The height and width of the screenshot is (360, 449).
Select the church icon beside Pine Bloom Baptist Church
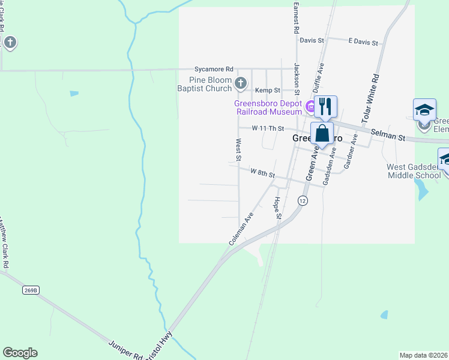(241, 83)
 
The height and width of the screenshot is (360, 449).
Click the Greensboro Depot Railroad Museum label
(268, 107)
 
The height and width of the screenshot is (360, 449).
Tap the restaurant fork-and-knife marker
(325, 106)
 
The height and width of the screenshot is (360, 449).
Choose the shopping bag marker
(322, 133)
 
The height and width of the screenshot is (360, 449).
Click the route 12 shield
(303, 202)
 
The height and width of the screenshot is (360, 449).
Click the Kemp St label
(268, 90)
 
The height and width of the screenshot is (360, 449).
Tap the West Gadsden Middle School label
(414, 171)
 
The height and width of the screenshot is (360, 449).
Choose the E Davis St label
(363, 43)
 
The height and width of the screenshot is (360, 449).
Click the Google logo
(20, 353)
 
